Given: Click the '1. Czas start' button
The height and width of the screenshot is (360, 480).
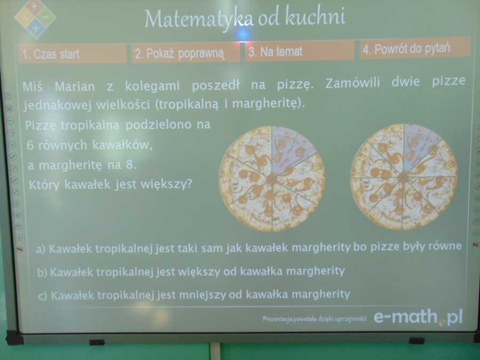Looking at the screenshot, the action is pyautogui.click(x=73, y=53).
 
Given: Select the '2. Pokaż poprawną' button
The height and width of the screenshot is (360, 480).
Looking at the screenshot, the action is pyautogui.click(x=186, y=53).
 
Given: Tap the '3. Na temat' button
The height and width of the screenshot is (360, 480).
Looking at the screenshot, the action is pyautogui.click(x=300, y=51).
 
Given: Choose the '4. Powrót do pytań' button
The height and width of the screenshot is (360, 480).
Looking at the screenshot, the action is pyautogui.click(x=414, y=48).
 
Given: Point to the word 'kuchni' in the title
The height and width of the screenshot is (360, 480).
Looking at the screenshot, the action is pyautogui.click(x=316, y=15).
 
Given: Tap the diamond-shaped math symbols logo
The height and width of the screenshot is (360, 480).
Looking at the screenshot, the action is pyautogui.click(x=35, y=19).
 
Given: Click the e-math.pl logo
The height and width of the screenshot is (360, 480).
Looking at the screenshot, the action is pyautogui.click(x=418, y=316).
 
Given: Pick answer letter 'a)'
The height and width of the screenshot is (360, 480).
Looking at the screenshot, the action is pyautogui.click(x=41, y=249).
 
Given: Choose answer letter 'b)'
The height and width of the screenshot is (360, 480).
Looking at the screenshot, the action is pyautogui.click(x=42, y=272).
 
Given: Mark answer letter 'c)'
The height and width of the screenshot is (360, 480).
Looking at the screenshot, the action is pyautogui.click(x=43, y=296).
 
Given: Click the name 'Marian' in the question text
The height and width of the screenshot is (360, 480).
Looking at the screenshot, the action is pyautogui.click(x=75, y=86).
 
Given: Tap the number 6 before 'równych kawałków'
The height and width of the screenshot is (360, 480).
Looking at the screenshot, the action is pyautogui.click(x=30, y=145).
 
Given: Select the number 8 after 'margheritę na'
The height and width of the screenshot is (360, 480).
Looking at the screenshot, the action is pyautogui.click(x=129, y=165).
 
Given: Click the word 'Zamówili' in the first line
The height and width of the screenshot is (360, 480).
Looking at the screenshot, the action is pyautogui.click(x=353, y=83).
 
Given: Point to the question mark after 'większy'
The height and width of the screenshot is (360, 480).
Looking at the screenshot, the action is pyautogui.click(x=189, y=183).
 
